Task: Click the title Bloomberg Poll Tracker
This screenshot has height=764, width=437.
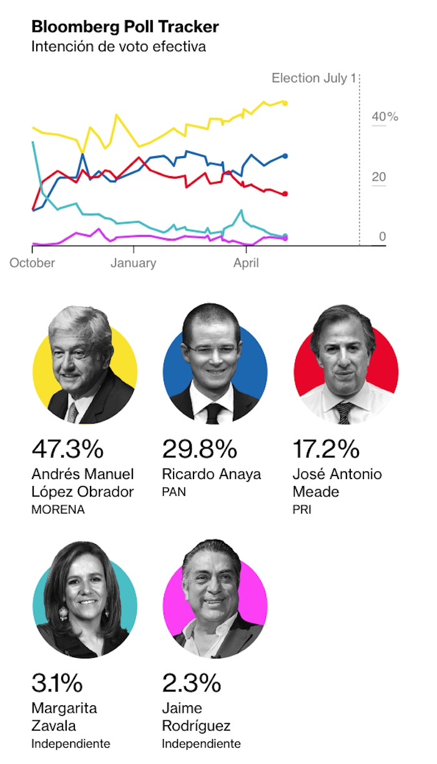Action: pos(125,27)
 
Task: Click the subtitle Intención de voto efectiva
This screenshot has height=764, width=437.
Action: pos(119,47)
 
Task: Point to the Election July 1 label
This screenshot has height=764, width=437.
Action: pos(313,79)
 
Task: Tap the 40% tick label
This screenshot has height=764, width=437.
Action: pos(385,117)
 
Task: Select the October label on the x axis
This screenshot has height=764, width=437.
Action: pos(32,263)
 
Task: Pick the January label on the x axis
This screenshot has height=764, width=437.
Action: pos(133,263)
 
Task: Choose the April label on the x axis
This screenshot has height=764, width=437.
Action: pos(247,263)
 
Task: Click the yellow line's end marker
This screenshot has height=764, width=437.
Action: pos(285,103)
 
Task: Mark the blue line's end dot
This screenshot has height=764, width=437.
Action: pos(285,156)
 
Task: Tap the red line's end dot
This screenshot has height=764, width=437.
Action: pos(285,194)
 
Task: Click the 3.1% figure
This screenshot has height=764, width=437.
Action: pos(57,683)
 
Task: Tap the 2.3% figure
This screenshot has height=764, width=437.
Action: pos(191,683)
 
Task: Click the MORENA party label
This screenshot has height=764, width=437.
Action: pos(57,509)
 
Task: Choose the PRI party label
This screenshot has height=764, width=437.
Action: pos(302,509)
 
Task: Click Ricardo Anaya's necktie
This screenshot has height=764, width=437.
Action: pos(214,412)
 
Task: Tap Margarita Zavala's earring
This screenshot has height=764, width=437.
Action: pos(63,614)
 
